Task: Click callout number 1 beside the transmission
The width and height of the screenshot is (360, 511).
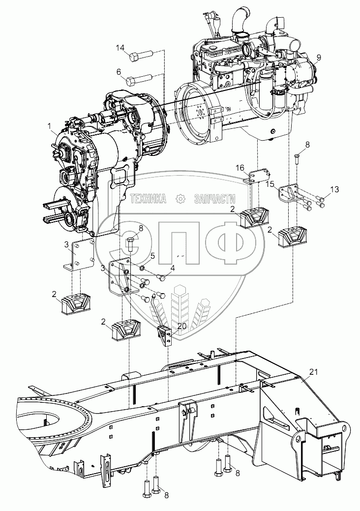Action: [x=50, y=126]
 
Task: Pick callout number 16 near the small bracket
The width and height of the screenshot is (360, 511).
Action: [x=240, y=168]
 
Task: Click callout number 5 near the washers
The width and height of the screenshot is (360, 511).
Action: [x=153, y=256]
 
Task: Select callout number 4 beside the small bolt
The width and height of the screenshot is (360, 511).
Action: [x=173, y=268]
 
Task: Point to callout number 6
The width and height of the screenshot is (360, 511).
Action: [x=119, y=71]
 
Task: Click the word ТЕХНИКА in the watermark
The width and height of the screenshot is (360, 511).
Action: [x=149, y=199]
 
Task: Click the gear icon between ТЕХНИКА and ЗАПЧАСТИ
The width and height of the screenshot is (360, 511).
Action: [x=180, y=199]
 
